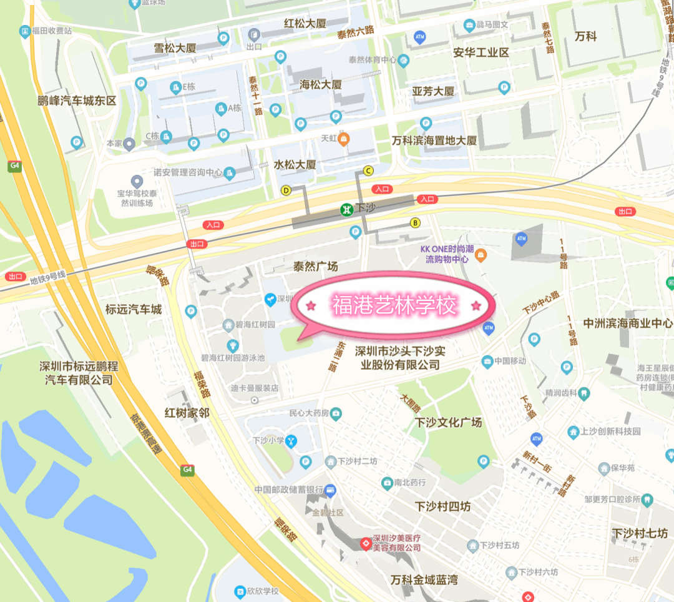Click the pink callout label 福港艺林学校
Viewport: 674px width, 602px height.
394,306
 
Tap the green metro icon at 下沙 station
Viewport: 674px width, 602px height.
345,209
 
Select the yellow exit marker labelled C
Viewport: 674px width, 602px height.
368,170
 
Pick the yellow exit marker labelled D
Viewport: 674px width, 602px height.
286,190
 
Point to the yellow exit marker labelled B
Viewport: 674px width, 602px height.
415,222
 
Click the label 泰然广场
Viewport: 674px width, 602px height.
315,267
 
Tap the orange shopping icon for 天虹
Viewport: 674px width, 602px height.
343,139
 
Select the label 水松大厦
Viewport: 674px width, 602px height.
295,165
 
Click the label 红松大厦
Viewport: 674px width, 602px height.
305,24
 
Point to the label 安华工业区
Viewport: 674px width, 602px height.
481,52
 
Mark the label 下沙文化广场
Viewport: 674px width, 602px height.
449,423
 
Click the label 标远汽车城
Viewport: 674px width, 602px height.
134,309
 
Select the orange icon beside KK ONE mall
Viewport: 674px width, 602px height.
481,255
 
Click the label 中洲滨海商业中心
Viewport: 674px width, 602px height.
628,323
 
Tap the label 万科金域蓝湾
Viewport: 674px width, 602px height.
424,580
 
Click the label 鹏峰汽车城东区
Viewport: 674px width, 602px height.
77,101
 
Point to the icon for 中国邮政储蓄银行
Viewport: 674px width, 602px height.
331,490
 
